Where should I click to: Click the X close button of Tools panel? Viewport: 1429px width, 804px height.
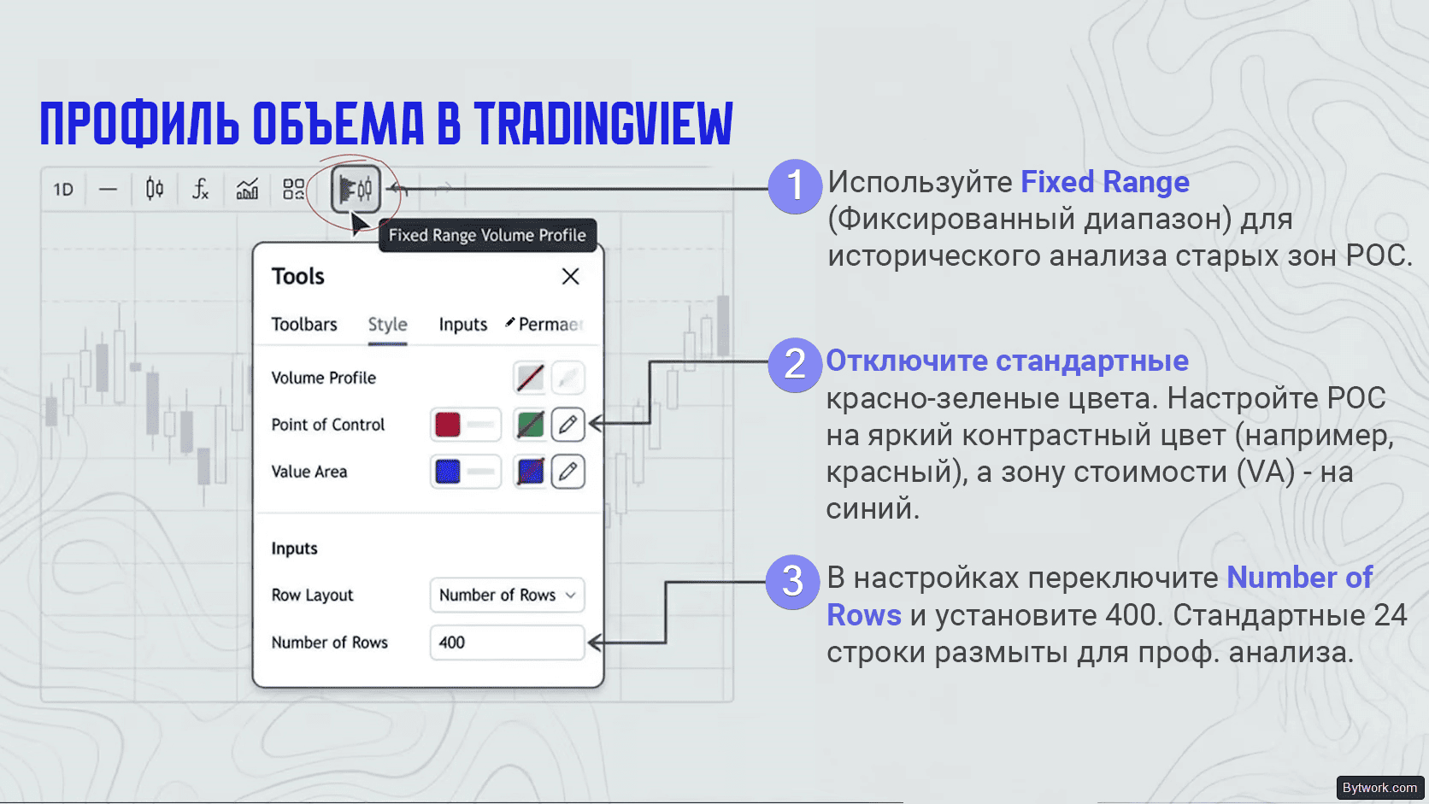[570, 276]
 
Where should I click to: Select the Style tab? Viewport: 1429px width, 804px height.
[387, 324]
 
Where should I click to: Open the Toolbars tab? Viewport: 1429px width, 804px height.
[303, 324]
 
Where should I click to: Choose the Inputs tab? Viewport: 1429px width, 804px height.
[462, 324]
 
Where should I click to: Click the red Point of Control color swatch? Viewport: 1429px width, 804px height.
[447, 425]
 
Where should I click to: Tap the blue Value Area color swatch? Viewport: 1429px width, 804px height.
[447, 472]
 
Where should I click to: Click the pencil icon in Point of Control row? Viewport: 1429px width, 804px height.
[567, 424]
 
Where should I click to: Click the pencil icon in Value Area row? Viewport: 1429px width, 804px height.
[567, 472]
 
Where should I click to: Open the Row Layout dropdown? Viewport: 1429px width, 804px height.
[507, 595]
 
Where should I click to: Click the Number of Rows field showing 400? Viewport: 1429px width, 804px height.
[507, 642]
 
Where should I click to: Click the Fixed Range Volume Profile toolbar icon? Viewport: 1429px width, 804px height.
[356, 189]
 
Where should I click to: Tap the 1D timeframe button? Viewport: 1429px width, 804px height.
[63, 190]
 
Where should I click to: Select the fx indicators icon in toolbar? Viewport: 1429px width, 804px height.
[200, 189]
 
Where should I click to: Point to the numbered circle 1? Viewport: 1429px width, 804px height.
[795, 186]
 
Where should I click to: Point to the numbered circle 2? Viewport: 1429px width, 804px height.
[795, 365]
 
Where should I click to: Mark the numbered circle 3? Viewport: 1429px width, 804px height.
[792, 582]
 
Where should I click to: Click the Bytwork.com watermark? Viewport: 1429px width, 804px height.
[1380, 788]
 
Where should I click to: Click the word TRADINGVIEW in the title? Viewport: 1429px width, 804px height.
[603, 124]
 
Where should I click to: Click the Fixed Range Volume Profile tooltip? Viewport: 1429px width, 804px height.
[487, 235]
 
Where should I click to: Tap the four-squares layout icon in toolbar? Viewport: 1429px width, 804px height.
[293, 189]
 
